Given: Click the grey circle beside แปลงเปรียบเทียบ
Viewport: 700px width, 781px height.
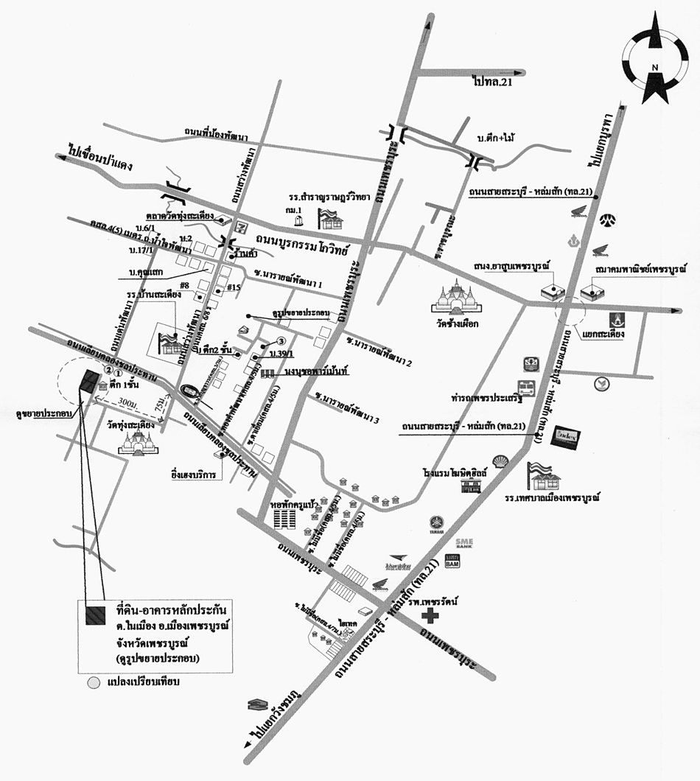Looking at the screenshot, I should (93, 682).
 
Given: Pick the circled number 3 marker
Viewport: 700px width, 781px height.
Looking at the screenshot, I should (281, 340).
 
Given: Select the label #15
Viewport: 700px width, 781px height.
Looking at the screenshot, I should (234, 287).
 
